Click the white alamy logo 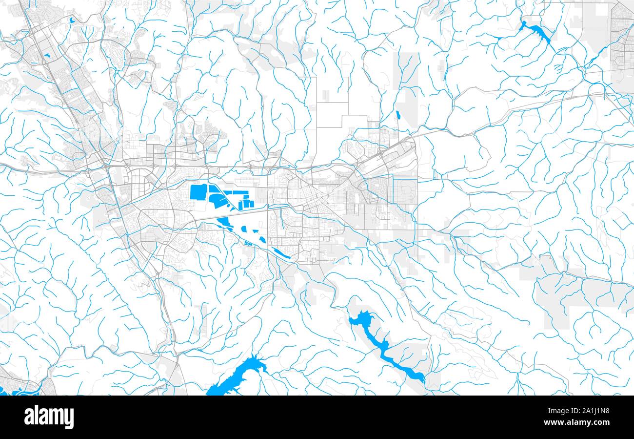[x=49, y=418]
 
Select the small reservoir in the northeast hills [x=536, y=32]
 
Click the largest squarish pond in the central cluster [x=198, y=192]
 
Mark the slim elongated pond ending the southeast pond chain [x=281, y=253]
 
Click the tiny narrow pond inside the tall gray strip [x=398, y=115]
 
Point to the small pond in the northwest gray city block [x=47, y=55]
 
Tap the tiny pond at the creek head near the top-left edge [x=72, y=21]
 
